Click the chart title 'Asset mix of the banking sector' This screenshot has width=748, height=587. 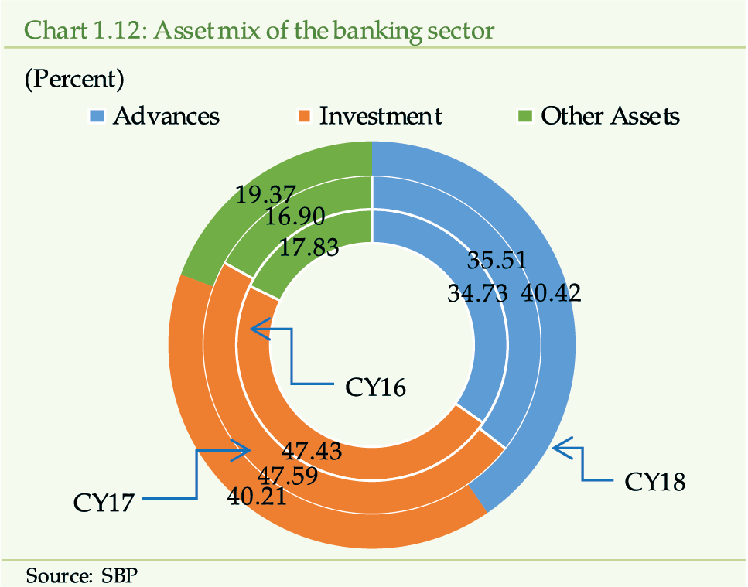click(324, 30)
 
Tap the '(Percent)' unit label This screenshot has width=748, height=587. click(74, 79)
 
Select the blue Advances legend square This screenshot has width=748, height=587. click(97, 116)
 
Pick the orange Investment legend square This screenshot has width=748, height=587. click(303, 116)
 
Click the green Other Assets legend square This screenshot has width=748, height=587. click(524, 116)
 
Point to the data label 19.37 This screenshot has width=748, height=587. click(266, 195)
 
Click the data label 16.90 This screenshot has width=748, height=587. click(295, 217)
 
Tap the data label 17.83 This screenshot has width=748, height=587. click(309, 247)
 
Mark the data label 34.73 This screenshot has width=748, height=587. click(477, 293)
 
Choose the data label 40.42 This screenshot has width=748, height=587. click(551, 293)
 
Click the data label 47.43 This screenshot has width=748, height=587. click(312, 451)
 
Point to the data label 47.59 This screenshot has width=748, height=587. click(288, 476)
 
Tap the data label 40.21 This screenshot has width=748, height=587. click(257, 497)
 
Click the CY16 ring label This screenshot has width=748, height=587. click(375, 387)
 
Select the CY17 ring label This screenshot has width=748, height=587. click(104, 503)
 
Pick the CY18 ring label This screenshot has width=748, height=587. click(655, 482)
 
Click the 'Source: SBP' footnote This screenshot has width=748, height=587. click(81, 575)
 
